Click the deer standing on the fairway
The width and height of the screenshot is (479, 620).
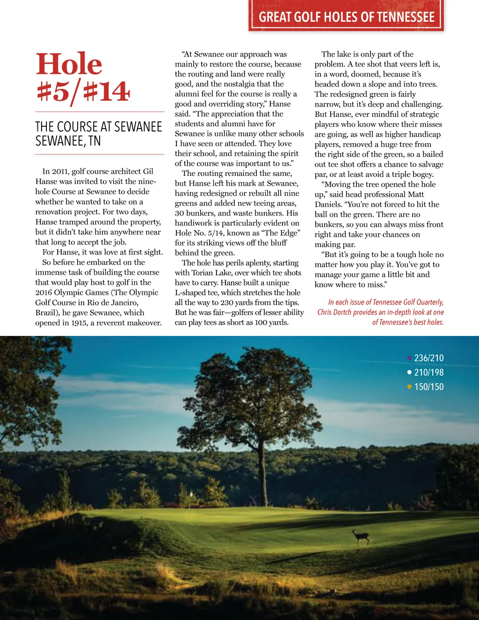coord(361,536)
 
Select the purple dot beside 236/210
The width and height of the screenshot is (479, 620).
coord(409,358)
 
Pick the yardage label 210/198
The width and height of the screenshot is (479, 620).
coord(429,372)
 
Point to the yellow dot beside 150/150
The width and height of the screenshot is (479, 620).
coord(409,387)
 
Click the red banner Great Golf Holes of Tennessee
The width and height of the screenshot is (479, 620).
coord(347,17)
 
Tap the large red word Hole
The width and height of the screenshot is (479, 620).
coord(69,64)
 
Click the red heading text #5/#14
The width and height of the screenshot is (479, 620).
coord(83,91)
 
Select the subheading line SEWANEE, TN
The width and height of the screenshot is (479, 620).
coord(68,140)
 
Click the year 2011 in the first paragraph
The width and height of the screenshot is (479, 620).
coord(60,172)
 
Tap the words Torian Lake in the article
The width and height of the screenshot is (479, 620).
coord(211,273)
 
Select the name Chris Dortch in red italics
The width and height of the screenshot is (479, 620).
coord(334,312)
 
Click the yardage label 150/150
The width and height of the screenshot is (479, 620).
coord(429,387)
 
